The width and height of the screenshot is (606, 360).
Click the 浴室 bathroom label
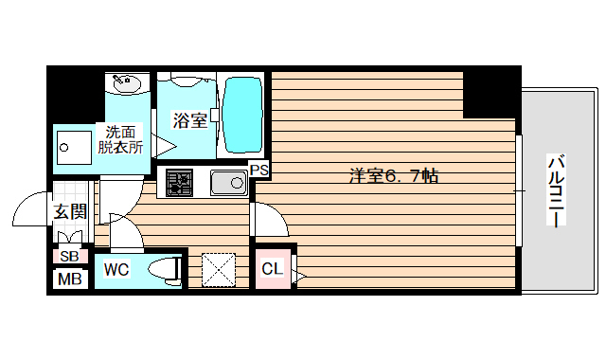coord(189,120)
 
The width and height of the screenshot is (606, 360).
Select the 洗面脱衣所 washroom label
coord(124,140)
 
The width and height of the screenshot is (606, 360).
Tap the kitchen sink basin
coord(227,182)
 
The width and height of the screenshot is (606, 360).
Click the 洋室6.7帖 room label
coord(393,175)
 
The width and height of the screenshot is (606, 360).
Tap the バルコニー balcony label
coord(556,189)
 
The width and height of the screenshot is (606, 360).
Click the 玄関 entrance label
coord(69,211)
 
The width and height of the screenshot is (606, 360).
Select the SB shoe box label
coord(69,256)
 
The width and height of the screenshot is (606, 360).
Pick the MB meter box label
coord(69,279)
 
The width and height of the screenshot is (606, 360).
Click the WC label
coord(116,270)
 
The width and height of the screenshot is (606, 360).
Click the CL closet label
coord(272,269)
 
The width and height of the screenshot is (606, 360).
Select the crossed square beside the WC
coord(218,269)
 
